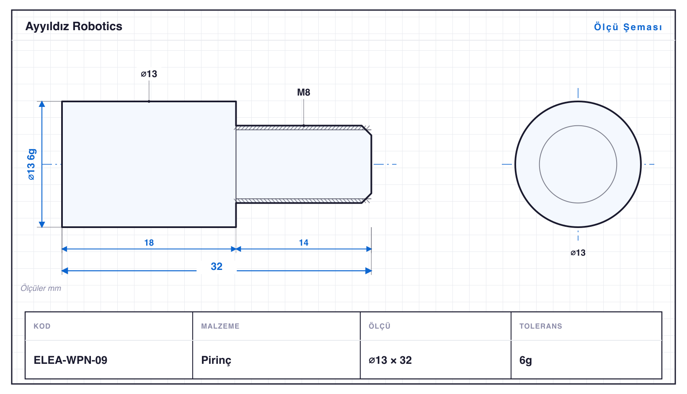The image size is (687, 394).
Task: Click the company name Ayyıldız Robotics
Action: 74,27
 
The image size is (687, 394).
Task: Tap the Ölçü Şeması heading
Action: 628,27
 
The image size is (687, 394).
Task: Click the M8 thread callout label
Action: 304,92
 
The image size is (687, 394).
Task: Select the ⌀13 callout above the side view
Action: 149,74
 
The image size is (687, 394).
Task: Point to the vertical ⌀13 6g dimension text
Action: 31,164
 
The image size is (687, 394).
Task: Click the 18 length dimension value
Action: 149,243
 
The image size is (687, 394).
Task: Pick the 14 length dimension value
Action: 304,243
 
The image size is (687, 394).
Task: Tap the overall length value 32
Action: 217,266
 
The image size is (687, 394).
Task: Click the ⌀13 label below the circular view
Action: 578,253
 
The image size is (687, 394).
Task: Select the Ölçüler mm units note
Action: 41,288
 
